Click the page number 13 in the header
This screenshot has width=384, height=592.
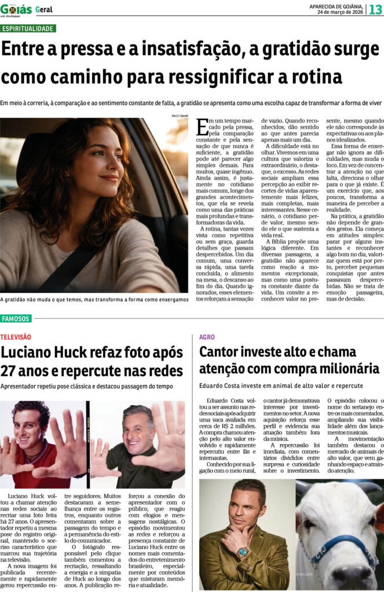pyautogui.click(x=375, y=10)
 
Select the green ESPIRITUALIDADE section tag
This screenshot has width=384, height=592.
pyautogui.click(x=28, y=28)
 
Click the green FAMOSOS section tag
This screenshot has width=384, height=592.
pyautogui.click(x=16, y=319)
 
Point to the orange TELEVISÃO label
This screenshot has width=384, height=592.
pyautogui.click(x=16, y=336)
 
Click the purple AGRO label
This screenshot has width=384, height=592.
pyautogui.click(x=207, y=336)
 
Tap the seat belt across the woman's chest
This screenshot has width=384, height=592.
pyautogui.click(x=70, y=266)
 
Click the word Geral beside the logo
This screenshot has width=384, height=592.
pyautogui.click(x=44, y=10)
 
